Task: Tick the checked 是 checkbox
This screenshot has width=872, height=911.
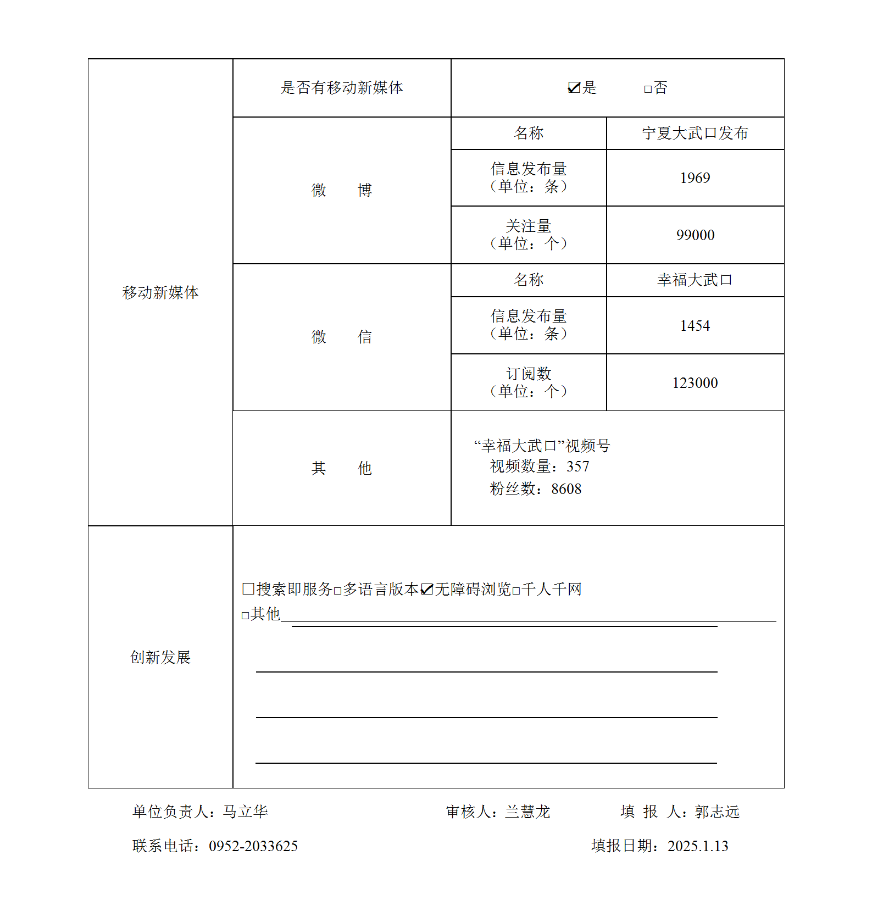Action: click(574, 88)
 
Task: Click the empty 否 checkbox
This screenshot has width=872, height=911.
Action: click(648, 89)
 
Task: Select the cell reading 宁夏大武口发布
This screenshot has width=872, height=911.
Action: click(695, 134)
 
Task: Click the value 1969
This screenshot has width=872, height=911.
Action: click(695, 178)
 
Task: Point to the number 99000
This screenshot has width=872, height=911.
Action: click(695, 235)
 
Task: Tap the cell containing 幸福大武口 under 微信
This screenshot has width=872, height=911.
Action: click(695, 280)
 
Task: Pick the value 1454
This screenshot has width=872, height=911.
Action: click(695, 326)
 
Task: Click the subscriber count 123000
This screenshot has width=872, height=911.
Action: click(695, 383)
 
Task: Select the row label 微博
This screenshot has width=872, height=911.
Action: click(342, 190)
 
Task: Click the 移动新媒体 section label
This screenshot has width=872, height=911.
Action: click(160, 292)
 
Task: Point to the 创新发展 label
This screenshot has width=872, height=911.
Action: click(160, 657)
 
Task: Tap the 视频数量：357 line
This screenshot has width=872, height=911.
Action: click(540, 466)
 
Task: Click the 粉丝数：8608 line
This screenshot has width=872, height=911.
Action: click(536, 489)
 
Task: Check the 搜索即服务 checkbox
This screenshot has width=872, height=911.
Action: click(248, 589)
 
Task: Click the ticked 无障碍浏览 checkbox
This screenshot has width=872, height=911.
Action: click(427, 590)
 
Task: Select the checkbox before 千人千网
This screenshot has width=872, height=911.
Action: click(516, 591)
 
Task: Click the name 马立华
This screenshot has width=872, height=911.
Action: click(246, 812)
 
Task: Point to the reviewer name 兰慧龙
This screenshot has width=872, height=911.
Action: click(527, 812)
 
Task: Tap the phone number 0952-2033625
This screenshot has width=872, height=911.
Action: click(253, 846)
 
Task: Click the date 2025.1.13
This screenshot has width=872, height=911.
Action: click(698, 846)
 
